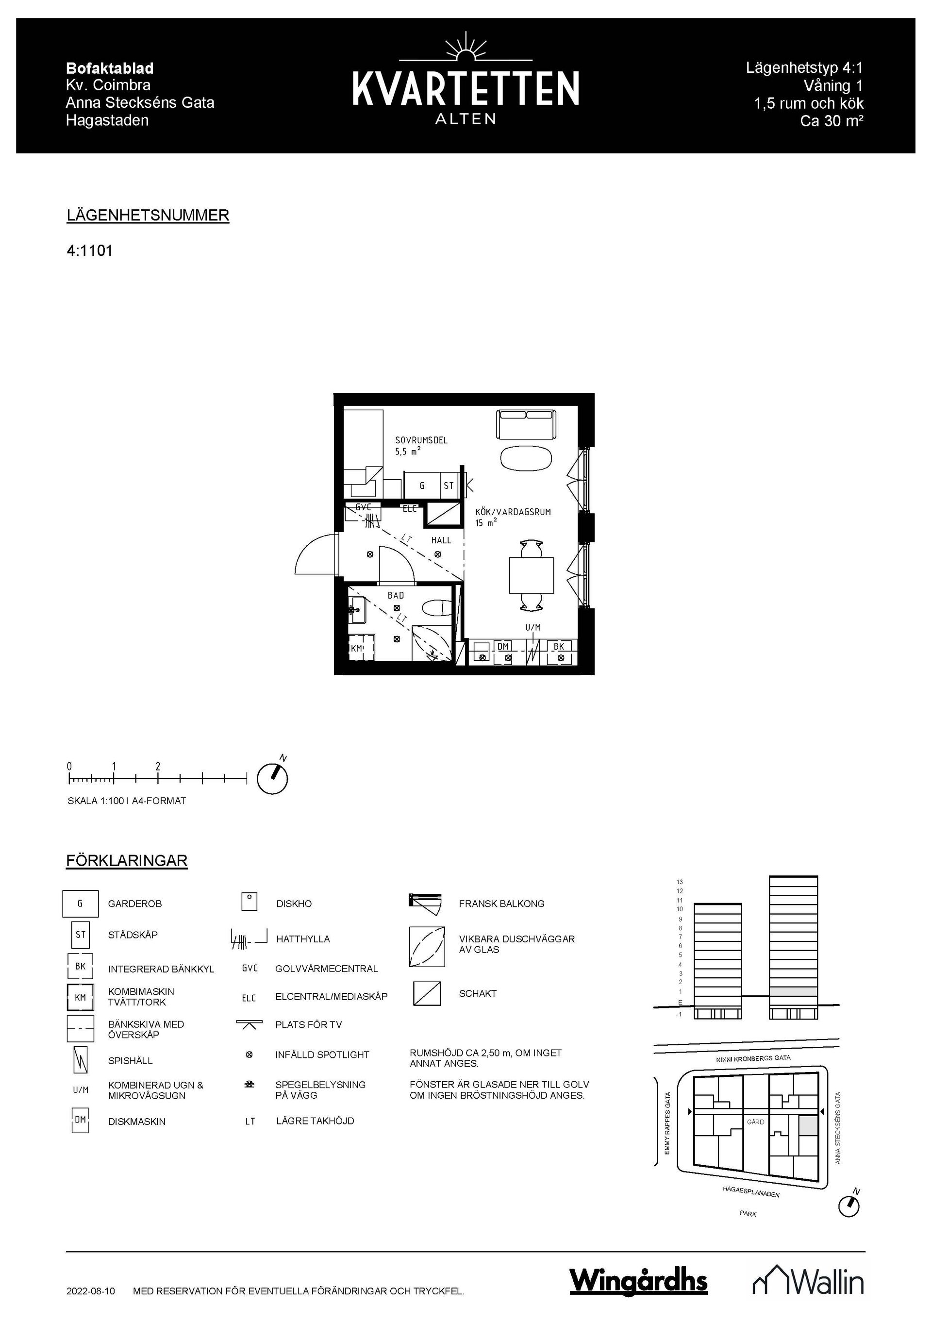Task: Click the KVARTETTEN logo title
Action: pyautogui.click(x=466, y=89)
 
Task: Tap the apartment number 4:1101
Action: pyautogui.click(x=89, y=251)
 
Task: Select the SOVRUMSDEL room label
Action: pyautogui.click(x=421, y=440)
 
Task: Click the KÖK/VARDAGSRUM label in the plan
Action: pyautogui.click(x=513, y=512)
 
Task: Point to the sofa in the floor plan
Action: pyautogui.click(x=527, y=425)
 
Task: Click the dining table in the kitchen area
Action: pyautogui.click(x=531, y=575)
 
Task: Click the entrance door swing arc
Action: pyautogui.click(x=314, y=554)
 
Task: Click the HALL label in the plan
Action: pyautogui.click(x=441, y=540)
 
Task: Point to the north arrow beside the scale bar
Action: pyautogui.click(x=272, y=778)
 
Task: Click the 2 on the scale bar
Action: pyautogui.click(x=158, y=767)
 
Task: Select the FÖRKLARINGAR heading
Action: pyautogui.click(x=127, y=861)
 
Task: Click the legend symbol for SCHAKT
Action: pyautogui.click(x=427, y=993)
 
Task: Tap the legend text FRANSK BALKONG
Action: pyautogui.click(x=501, y=904)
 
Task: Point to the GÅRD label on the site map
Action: pyautogui.click(x=755, y=1122)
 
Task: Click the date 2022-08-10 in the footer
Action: pyautogui.click(x=90, y=1291)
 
